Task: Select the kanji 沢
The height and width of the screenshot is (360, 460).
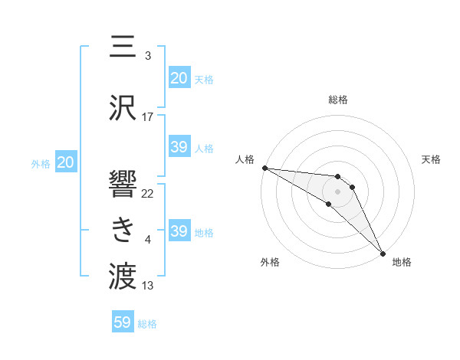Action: point(123,108)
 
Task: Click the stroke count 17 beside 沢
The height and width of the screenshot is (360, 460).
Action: point(148,117)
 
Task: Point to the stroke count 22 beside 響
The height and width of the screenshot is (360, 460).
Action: point(148,193)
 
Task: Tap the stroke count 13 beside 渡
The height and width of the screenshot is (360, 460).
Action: point(148,286)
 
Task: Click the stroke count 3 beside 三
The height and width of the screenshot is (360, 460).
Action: point(148,56)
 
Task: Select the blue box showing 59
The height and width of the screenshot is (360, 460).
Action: point(123,322)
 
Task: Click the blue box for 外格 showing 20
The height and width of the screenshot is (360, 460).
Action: point(66,162)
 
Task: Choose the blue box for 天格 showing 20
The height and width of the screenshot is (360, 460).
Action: point(179,78)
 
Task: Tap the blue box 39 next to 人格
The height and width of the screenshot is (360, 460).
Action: point(179,147)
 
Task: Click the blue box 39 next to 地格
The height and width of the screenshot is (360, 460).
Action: point(179,231)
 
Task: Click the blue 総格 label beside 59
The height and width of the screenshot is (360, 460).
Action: point(147,324)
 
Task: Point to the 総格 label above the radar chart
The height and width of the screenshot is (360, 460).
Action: point(338,100)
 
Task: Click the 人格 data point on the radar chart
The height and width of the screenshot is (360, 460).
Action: point(264,168)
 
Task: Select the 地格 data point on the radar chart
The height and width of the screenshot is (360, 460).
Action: point(383,253)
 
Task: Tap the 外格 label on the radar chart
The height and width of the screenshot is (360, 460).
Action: point(270,262)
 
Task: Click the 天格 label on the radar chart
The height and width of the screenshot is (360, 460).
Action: point(431,159)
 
